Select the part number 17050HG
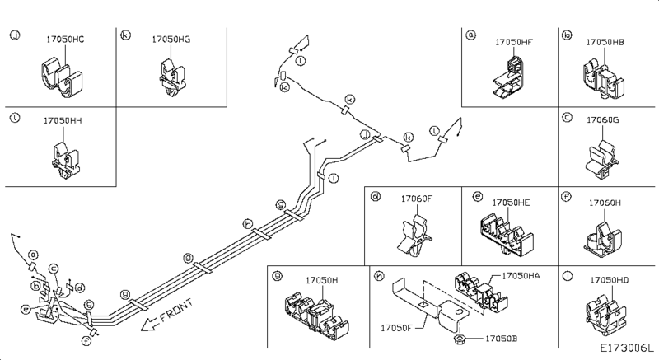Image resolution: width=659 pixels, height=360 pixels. point(171,40)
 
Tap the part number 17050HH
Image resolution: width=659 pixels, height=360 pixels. point(63,120)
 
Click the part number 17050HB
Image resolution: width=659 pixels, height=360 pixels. point(605,41)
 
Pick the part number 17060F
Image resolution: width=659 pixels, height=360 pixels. point(418,199)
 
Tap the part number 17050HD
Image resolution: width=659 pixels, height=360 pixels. point(610,281)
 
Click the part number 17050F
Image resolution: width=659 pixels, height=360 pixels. point(398,328)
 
